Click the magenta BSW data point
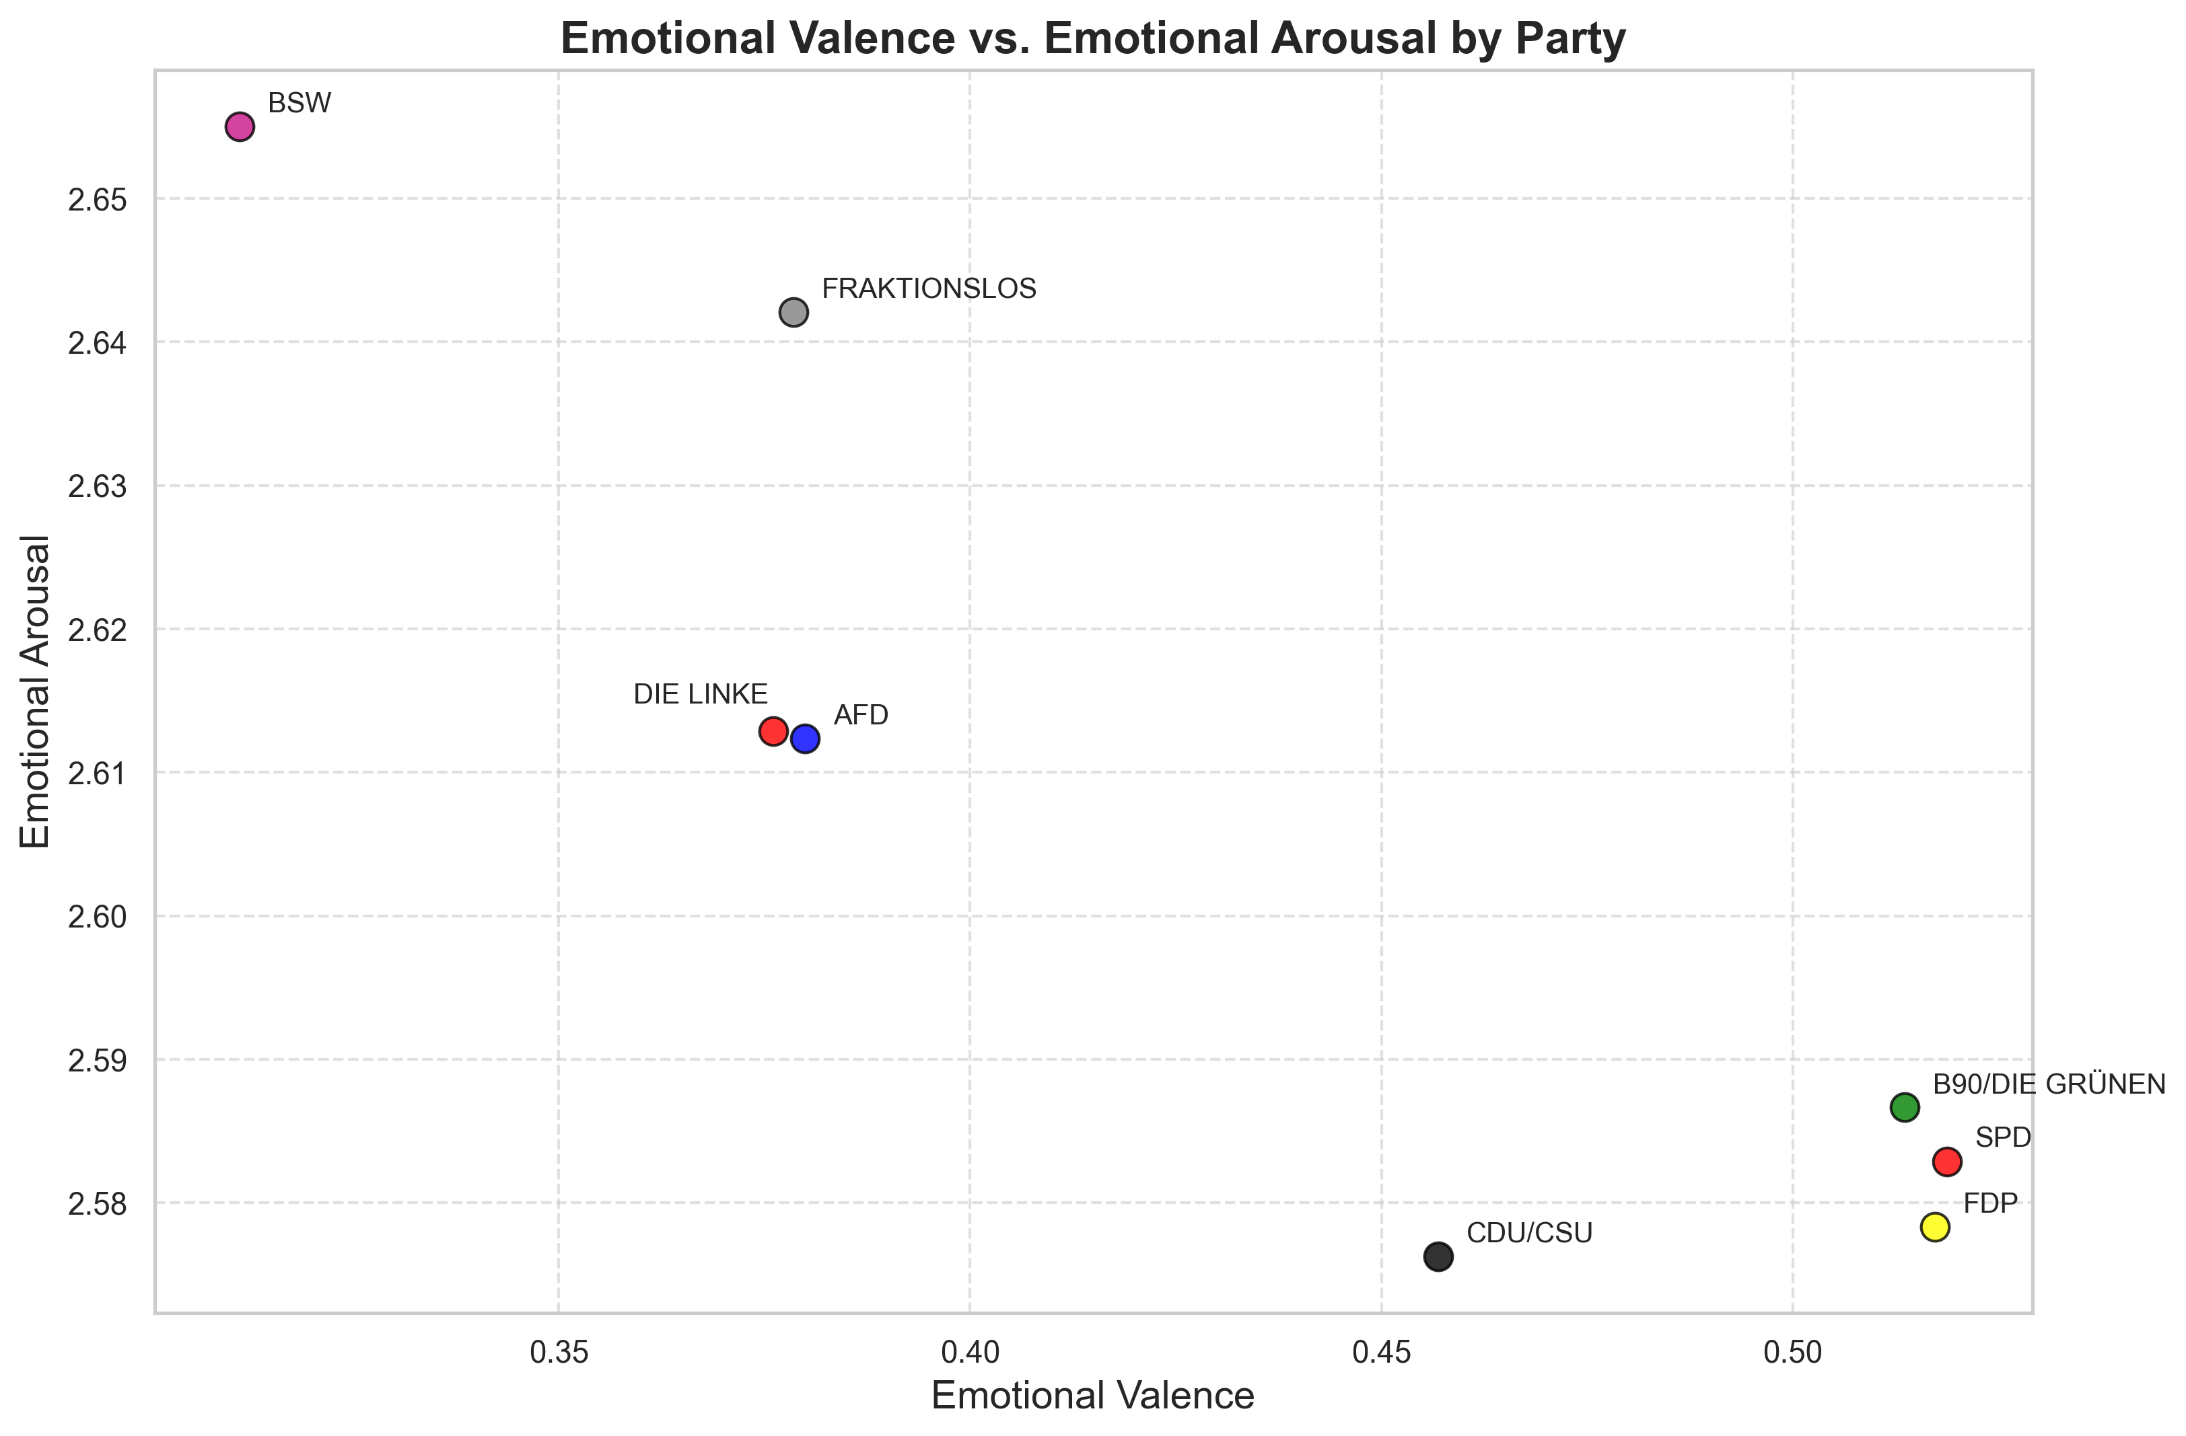240,126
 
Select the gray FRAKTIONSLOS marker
794,312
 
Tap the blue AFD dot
806,739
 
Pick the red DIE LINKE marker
773,732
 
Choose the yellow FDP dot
1935,1227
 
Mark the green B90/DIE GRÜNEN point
1905,1107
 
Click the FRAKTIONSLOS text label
929,289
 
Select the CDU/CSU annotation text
1529,1233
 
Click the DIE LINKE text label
700,695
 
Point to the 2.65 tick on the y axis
98,199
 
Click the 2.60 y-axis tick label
98,916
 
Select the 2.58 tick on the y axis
98,1203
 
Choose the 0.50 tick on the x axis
1793,1353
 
